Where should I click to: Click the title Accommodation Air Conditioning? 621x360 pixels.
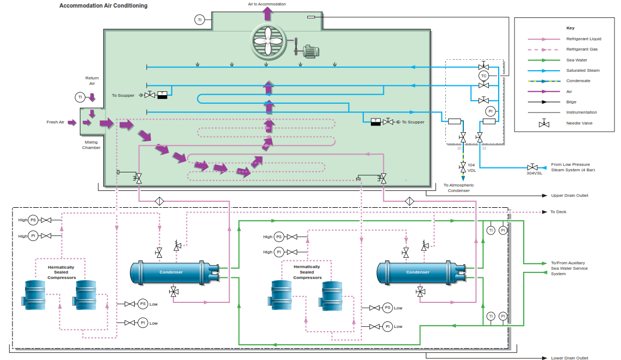tap(103, 6)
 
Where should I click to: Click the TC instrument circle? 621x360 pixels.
tap(483, 76)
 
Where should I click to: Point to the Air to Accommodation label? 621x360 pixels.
tap(266, 4)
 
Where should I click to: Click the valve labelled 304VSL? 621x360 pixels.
tap(533, 167)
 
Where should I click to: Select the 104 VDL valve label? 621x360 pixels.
tap(471, 167)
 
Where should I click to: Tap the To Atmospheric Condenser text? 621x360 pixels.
tap(458, 188)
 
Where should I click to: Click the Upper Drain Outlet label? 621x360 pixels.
tap(569, 195)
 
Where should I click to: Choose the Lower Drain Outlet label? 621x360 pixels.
tap(569, 358)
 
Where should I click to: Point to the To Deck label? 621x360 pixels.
tap(558, 212)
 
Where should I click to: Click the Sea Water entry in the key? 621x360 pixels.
tap(576, 60)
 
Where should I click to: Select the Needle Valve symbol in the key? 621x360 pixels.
tap(543, 123)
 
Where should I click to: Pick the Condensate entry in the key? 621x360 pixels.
tap(578, 80)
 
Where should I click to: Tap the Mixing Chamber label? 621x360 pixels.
tap(91, 145)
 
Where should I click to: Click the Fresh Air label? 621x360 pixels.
tap(55, 122)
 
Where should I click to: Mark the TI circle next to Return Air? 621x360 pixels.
tap(80, 97)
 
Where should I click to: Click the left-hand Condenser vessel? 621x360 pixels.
tap(171, 272)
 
